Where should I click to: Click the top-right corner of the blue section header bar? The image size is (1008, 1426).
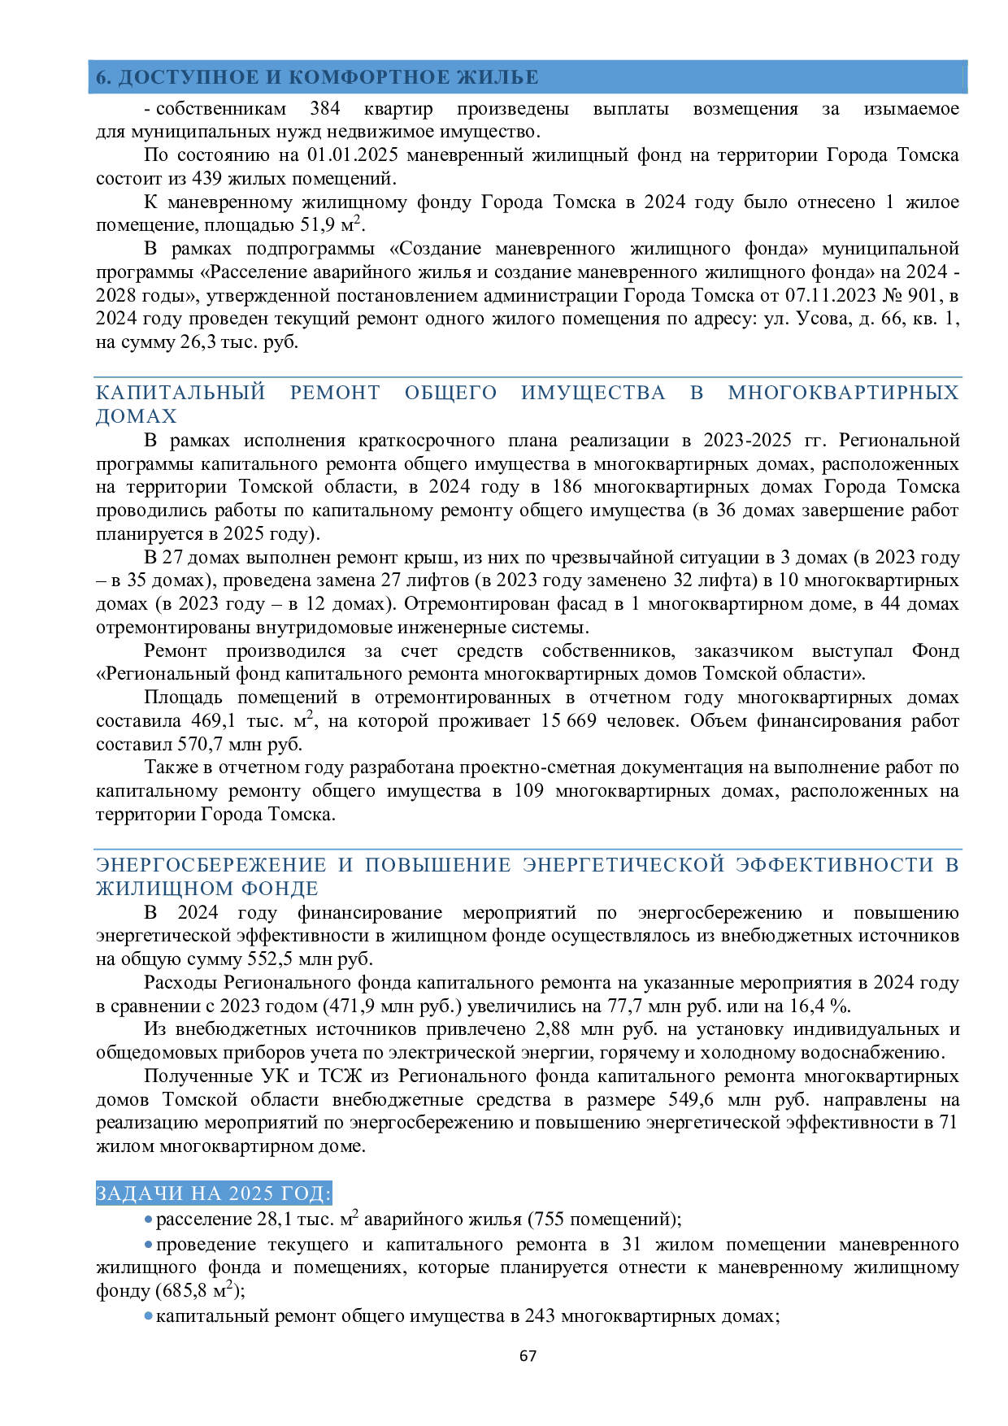tap(967, 60)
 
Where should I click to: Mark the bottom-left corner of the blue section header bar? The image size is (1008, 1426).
tap(89, 93)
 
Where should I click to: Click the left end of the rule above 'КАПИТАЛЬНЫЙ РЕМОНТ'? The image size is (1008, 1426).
tap(94, 377)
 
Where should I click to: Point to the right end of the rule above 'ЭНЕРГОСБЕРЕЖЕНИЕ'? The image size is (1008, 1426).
tap(962, 850)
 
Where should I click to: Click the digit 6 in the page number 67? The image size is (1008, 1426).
tap(524, 1355)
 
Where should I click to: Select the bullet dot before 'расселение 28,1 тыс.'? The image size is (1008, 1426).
tap(148, 1220)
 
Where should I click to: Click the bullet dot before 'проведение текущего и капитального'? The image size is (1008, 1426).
tap(148, 1245)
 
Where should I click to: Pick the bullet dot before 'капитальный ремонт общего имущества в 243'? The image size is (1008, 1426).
tap(148, 1315)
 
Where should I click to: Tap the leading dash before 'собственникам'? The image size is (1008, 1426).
tap(147, 110)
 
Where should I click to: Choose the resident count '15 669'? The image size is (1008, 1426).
tap(568, 721)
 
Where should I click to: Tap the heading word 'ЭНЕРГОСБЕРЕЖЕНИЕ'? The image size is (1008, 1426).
tap(211, 865)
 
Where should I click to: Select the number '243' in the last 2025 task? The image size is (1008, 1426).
tap(540, 1315)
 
